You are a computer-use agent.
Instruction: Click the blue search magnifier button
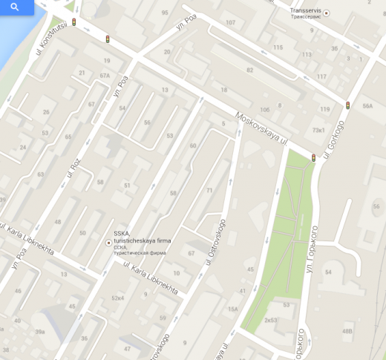pyautogui.click(x=15, y=7)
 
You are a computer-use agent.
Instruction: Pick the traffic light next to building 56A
pyautogui.click(x=347, y=106)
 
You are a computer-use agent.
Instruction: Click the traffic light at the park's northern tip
pyautogui.click(x=313, y=157)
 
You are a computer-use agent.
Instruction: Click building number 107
pyautogui.click(x=230, y=22)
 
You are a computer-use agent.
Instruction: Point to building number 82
pyautogui.click(x=249, y=70)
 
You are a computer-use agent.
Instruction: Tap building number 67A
pyautogui.click(x=105, y=75)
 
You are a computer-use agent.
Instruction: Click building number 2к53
pyautogui.click(x=270, y=320)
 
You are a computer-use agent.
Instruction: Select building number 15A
pyautogui.click(x=232, y=309)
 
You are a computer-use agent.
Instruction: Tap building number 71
pyautogui.click(x=209, y=191)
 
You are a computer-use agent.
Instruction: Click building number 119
pyautogui.click(x=324, y=109)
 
